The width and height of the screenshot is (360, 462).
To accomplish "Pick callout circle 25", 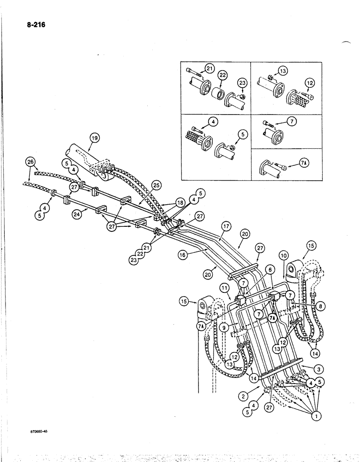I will (x=156, y=185).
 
